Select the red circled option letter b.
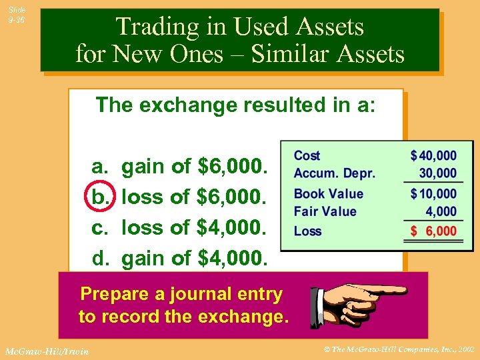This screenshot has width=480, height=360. pos(101,197)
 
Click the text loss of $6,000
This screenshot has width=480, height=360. pos(195,197)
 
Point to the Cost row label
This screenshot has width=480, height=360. pos(307,155)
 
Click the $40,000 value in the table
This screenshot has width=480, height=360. pos(433,155)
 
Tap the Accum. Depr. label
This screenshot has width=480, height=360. pos(335,173)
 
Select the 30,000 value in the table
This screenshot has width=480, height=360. pos(437,173)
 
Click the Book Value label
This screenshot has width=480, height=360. pos(329,194)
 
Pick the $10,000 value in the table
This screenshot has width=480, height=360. pos(433,194)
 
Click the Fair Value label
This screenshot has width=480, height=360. pos(325,211)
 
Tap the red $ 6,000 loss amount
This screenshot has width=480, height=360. pos(433,231)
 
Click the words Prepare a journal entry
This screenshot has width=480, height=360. pos(181,294)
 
